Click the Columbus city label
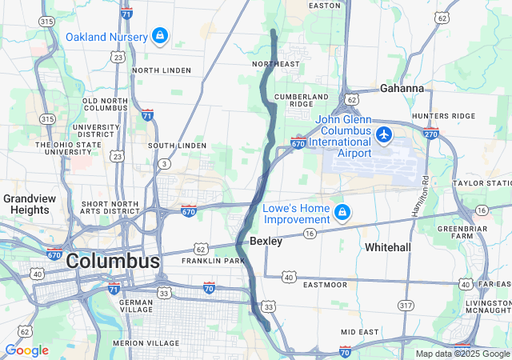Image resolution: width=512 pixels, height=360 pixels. tap(113, 261)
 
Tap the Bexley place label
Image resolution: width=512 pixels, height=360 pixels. tap(266, 240)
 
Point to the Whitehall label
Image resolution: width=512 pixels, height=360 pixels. tap(388, 247)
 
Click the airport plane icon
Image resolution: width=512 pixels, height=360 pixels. tap(385, 134)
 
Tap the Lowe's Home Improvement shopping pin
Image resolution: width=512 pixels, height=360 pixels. tap(342, 212)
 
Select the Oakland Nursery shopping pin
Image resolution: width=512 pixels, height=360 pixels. tap(160, 36)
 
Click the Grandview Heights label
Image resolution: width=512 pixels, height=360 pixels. tap(28, 204)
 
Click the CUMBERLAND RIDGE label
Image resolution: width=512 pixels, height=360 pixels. tap(302, 100)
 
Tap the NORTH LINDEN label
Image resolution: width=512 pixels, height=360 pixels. tap(162, 70)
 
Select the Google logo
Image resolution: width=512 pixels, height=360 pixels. tap(26, 350)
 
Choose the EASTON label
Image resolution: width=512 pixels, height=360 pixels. tap(325, 6)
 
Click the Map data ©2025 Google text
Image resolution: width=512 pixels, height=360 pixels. tap(462, 354)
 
